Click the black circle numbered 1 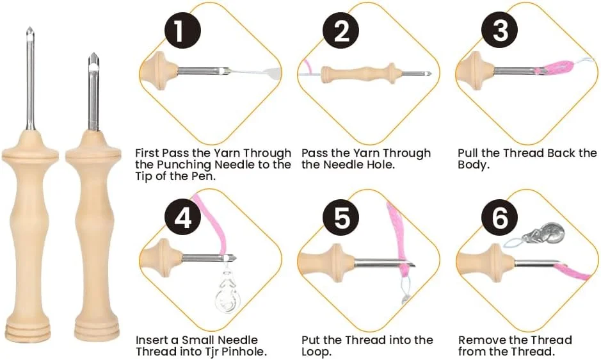pos(183,31)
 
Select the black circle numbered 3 pos(500,31)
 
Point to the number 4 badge pos(183,218)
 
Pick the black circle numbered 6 pos(500,218)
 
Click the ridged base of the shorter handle pos(92,331)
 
